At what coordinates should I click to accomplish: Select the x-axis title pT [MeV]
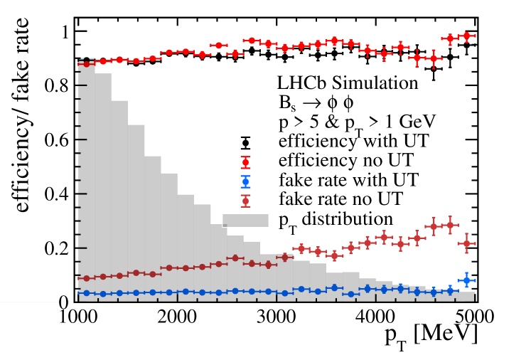[x=428, y=334]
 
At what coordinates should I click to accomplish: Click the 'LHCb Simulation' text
[x=348, y=83]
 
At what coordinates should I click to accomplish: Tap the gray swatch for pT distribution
[x=245, y=220]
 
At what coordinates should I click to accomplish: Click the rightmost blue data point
[x=466, y=280]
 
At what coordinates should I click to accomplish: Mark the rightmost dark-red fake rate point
[x=466, y=244]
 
